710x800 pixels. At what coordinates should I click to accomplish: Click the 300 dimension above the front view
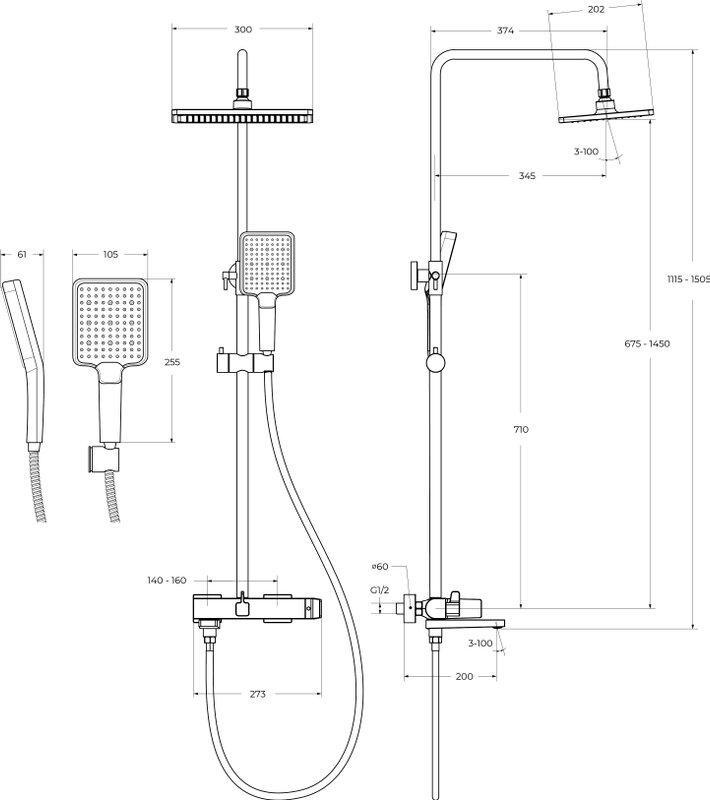pyautogui.click(x=242, y=31)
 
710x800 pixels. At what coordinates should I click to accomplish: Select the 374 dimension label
pyautogui.click(x=504, y=31)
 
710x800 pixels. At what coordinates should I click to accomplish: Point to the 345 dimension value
pyautogui.click(x=527, y=176)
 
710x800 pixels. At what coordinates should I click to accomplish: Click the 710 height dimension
pyautogui.click(x=520, y=429)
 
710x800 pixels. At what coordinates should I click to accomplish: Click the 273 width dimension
pyautogui.click(x=258, y=694)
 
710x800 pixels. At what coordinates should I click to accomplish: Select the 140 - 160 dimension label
pyautogui.click(x=166, y=580)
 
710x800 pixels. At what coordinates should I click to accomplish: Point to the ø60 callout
pyautogui.click(x=381, y=568)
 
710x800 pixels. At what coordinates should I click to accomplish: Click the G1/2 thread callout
pyautogui.click(x=380, y=591)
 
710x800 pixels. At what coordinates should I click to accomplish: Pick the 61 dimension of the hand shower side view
pyautogui.click(x=22, y=254)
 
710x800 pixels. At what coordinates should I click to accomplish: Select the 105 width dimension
pyautogui.click(x=110, y=254)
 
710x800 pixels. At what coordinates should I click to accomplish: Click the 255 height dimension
pyautogui.click(x=172, y=363)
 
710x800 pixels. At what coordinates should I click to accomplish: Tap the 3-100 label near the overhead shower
pyautogui.click(x=587, y=151)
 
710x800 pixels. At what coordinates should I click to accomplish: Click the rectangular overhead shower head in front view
pyautogui.click(x=242, y=115)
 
